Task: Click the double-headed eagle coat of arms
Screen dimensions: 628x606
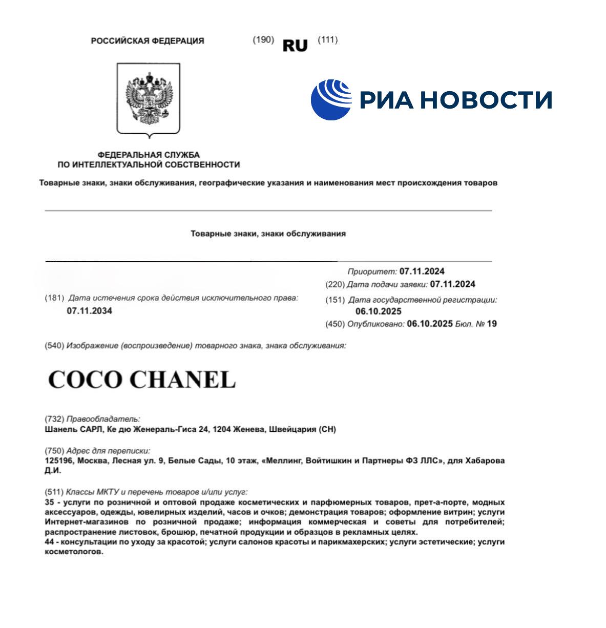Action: click(x=149, y=100)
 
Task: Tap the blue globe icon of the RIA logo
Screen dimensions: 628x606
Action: click(x=331, y=99)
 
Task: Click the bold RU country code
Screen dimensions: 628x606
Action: click(x=295, y=46)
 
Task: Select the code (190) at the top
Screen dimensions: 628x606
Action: click(x=263, y=40)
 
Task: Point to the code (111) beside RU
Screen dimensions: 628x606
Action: click(x=328, y=40)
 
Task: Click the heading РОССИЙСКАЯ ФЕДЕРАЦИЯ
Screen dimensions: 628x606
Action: click(x=147, y=41)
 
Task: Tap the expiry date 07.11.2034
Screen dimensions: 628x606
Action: click(x=89, y=310)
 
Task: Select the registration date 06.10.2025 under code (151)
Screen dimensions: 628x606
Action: click(x=378, y=311)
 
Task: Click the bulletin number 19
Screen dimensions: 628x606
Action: click(x=492, y=324)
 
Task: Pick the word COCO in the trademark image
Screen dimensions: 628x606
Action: click(x=86, y=380)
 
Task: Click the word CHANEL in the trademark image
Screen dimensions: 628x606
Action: click(x=182, y=380)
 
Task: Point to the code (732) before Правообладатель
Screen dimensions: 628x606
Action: click(x=54, y=419)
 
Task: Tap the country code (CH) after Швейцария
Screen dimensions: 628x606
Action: click(x=327, y=429)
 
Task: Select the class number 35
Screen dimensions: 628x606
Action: click(x=50, y=503)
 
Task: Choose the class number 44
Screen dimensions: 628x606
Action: click(x=50, y=541)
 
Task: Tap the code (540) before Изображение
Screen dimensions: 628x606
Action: click(x=54, y=346)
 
